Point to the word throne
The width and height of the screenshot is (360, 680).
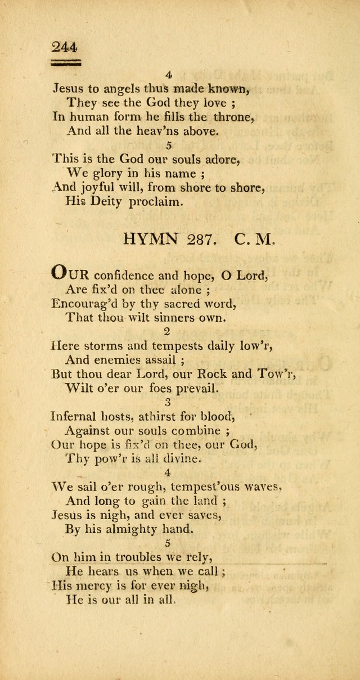coord(232,116)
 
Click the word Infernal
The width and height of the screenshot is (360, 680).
coord(78,417)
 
